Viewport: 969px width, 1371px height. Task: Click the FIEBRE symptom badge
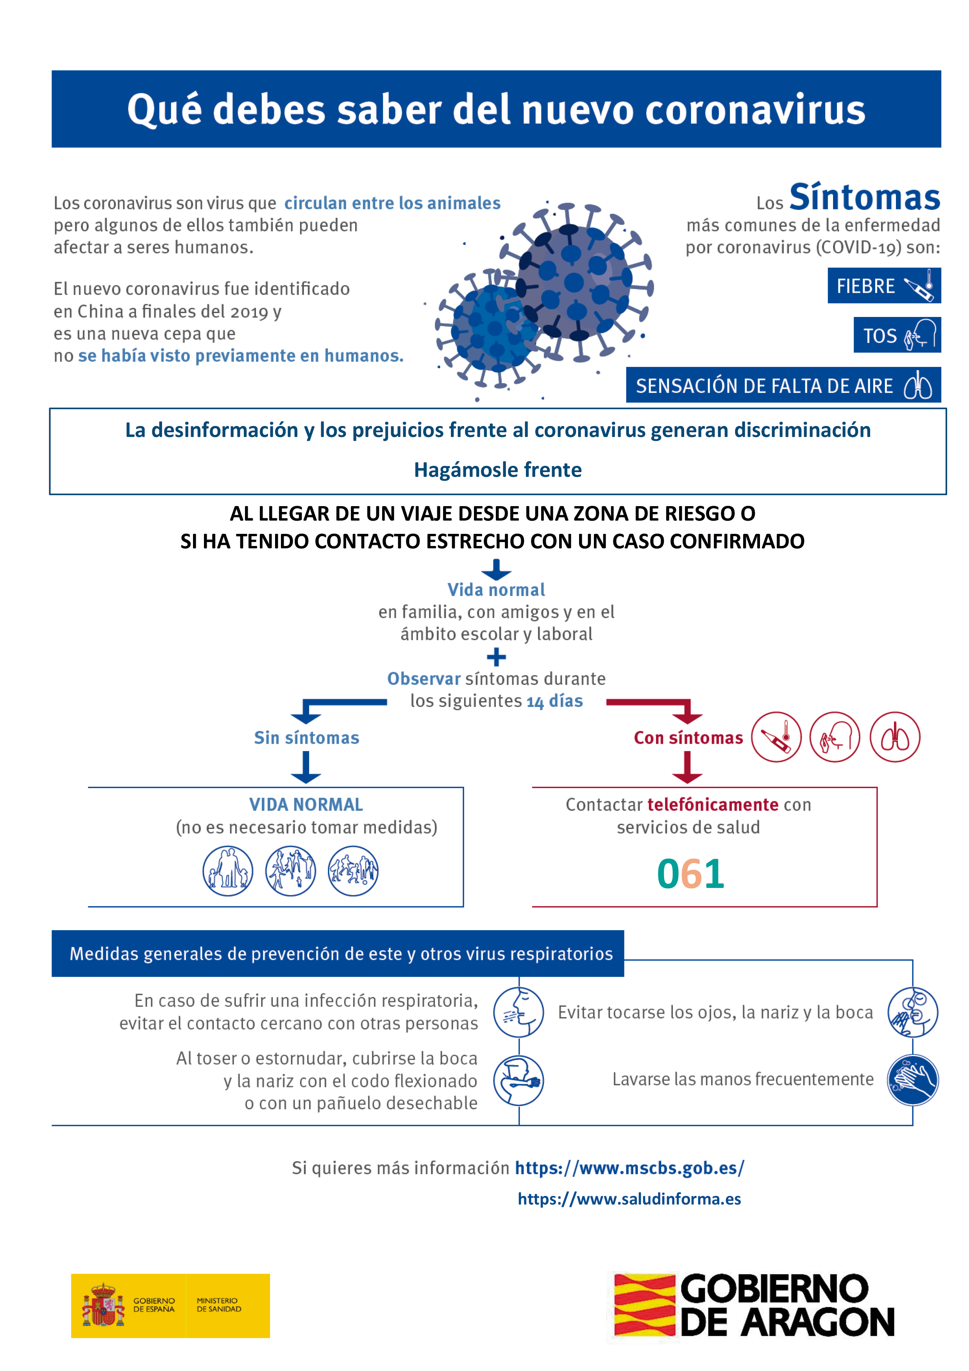(x=883, y=286)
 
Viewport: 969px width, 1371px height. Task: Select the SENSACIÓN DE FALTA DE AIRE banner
(x=783, y=386)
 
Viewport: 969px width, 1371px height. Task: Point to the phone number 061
(x=690, y=873)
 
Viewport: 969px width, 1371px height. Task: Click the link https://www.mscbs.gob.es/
(x=629, y=1168)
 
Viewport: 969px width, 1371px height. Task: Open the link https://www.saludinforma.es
(x=629, y=1199)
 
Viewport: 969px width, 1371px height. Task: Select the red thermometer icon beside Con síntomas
(x=776, y=737)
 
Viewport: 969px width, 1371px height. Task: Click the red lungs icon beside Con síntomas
(x=894, y=737)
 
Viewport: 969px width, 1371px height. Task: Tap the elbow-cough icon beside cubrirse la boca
(x=518, y=1081)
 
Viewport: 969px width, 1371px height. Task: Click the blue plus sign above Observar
(x=496, y=657)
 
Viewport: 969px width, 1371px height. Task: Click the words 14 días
(x=555, y=701)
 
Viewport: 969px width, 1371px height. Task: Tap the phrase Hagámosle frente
(x=497, y=470)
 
